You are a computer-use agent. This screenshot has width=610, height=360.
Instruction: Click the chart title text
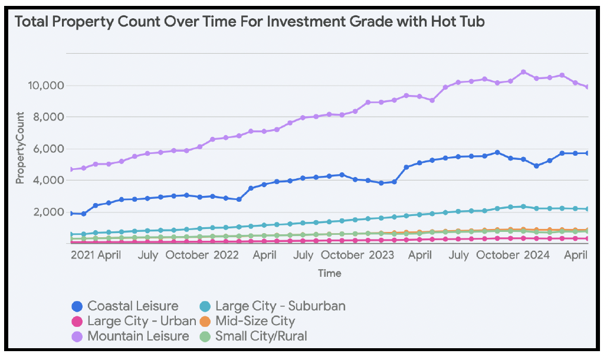[x=250, y=22]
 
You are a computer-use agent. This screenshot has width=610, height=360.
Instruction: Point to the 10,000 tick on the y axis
[x=45, y=86]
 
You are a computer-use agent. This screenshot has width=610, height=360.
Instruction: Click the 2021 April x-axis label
[x=96, y=256]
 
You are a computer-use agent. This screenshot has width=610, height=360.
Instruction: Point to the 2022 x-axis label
[x=225, y=256]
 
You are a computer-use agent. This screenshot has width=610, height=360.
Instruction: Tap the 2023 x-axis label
[x=381, y=256]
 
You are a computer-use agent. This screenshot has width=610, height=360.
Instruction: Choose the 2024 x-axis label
[x=537, y=256]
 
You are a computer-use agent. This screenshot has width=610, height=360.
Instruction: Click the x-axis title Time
[x=329, y=273]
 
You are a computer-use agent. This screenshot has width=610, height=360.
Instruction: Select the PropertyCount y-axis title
[x=20, y=148]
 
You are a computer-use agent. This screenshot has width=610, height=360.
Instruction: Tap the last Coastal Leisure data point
[x=588, y=153]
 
